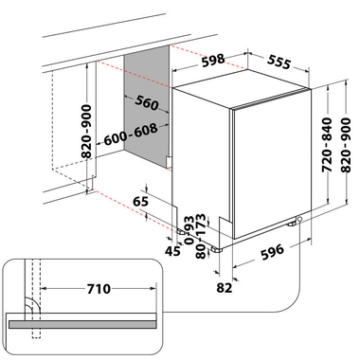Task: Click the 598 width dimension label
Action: click(x=213, y=61)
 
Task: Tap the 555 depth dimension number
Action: click(x=279, y=62)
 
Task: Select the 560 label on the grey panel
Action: click(x=147, y=102)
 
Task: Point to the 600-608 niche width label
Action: click(x=131, y=135)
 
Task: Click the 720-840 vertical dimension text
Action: click(x=327, y=145)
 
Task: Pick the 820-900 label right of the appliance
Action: click(x=346, y=145)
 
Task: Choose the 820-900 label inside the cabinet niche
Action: click(x=86, y=132)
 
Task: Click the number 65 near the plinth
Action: click(x=140, y=201)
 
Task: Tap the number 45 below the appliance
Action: click(x=172, y=251)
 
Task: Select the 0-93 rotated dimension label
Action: click(x=189, y=230)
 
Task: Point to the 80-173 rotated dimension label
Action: click(x=201, y=236)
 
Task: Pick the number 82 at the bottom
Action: click(x=225, y=288)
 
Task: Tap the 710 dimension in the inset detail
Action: click(x=99, y=289)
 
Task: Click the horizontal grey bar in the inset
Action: click(x=82, y=324)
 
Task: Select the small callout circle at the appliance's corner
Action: click(x=299, y=219)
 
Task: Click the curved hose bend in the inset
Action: click(x=32, y=305)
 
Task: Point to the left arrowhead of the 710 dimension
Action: click(x=45, y=288)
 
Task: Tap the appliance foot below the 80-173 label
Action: click(x=217, y=250)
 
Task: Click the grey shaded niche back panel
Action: click(x=147, y=106)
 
